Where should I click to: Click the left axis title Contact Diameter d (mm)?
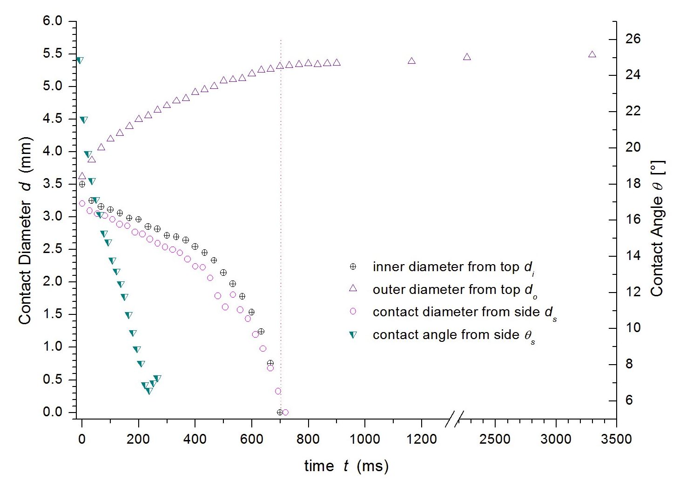coord(26,231)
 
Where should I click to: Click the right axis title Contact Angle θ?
coord(657,228)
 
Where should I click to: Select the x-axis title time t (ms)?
coord(346,466)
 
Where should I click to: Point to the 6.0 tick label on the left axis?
coord(52,21)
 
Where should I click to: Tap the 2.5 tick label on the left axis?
coord(52,249)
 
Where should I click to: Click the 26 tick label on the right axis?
coord(632,39)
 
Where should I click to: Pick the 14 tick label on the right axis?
coord(632,256)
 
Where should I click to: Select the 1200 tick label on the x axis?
coord(421,439)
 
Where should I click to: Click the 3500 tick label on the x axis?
coord(616,439)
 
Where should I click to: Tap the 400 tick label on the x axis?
coord(195,439)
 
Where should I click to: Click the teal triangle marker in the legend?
coord(353,335)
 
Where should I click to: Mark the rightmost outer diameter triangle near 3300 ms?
coord(592,54)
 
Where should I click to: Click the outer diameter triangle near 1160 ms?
coord(411,61)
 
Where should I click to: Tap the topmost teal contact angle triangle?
coord(80,60)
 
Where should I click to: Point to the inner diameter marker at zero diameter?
coord(280,412)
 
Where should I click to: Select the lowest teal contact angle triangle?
coord(149,392)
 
